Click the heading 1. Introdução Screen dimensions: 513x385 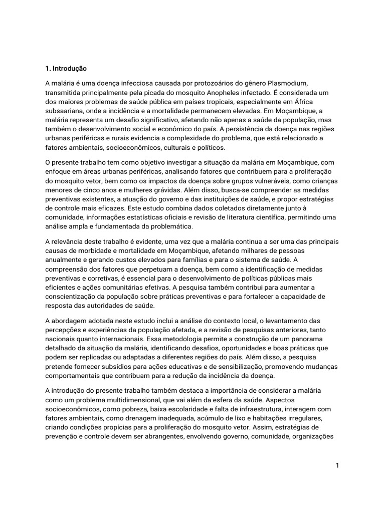click(x=66, y=68)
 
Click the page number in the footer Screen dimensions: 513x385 click(x=338, y=465)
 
